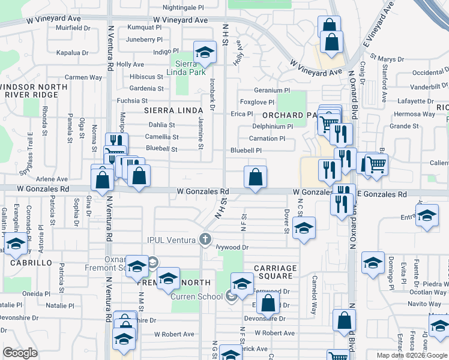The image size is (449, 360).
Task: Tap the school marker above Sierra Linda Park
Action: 205,52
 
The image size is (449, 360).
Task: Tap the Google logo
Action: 20,353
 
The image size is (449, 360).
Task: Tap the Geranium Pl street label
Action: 272,90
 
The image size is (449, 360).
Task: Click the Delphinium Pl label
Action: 273,127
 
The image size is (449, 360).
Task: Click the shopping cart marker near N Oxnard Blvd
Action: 376,163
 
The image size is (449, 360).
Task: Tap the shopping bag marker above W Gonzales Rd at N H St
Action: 255,177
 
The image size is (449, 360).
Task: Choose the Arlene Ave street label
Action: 52,179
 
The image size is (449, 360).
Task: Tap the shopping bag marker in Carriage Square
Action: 268,303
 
